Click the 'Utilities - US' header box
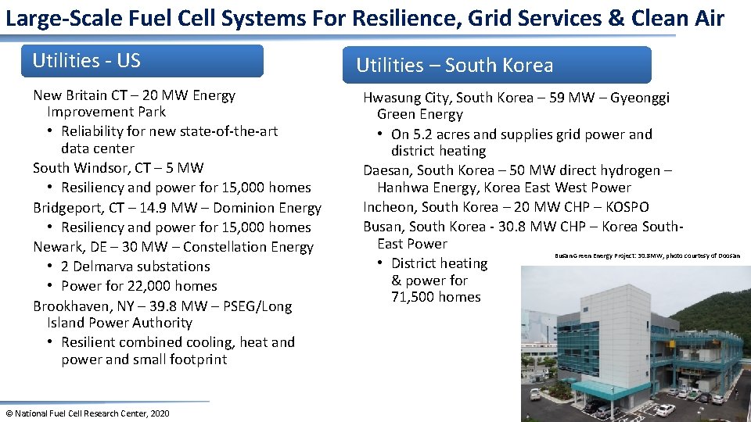click(147, 61)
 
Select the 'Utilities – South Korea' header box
click(497, 65)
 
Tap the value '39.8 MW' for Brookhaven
click(202, 306)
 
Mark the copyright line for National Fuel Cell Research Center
click(87, 413)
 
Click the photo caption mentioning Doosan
click(647, 256)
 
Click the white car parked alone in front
click(664, 409)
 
